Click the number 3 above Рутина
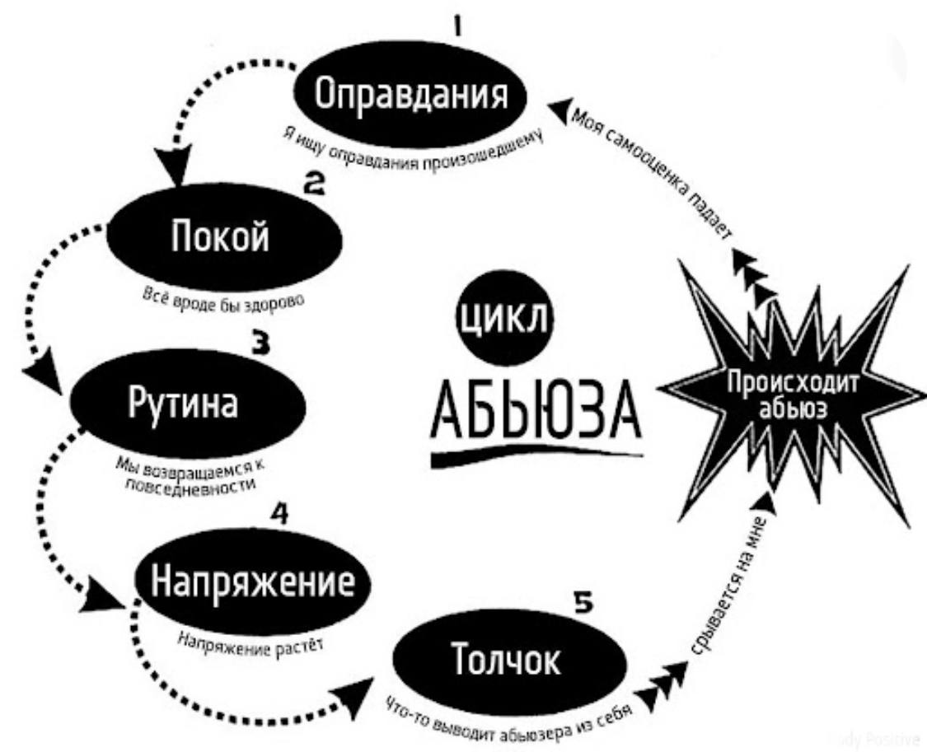(261, 343)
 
